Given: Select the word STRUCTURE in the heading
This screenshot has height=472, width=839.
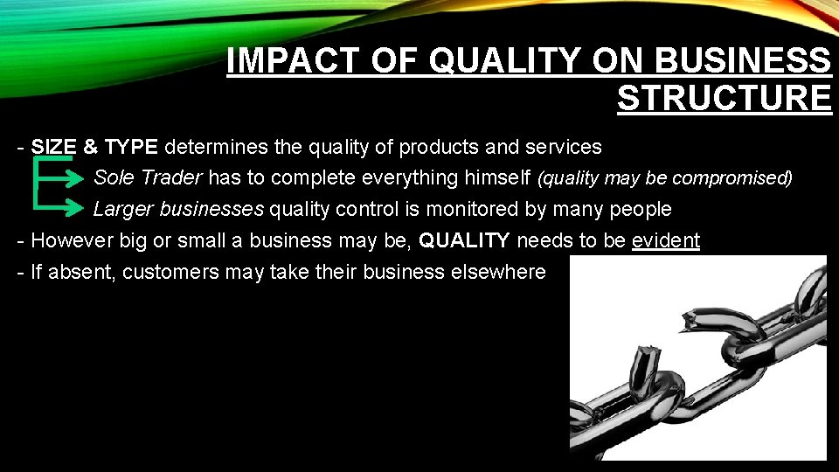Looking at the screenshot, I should tap(725, 97).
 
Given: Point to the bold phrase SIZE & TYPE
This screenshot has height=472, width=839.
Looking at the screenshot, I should tap(94, 146).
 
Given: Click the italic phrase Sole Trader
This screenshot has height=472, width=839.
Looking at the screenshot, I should tap(148, 177).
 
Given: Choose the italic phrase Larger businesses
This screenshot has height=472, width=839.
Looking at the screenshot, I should tap(178, 209).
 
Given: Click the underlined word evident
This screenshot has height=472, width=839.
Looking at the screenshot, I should tap(665, 240).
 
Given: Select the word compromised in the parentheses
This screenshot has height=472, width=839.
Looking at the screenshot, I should tap(737, 178).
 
